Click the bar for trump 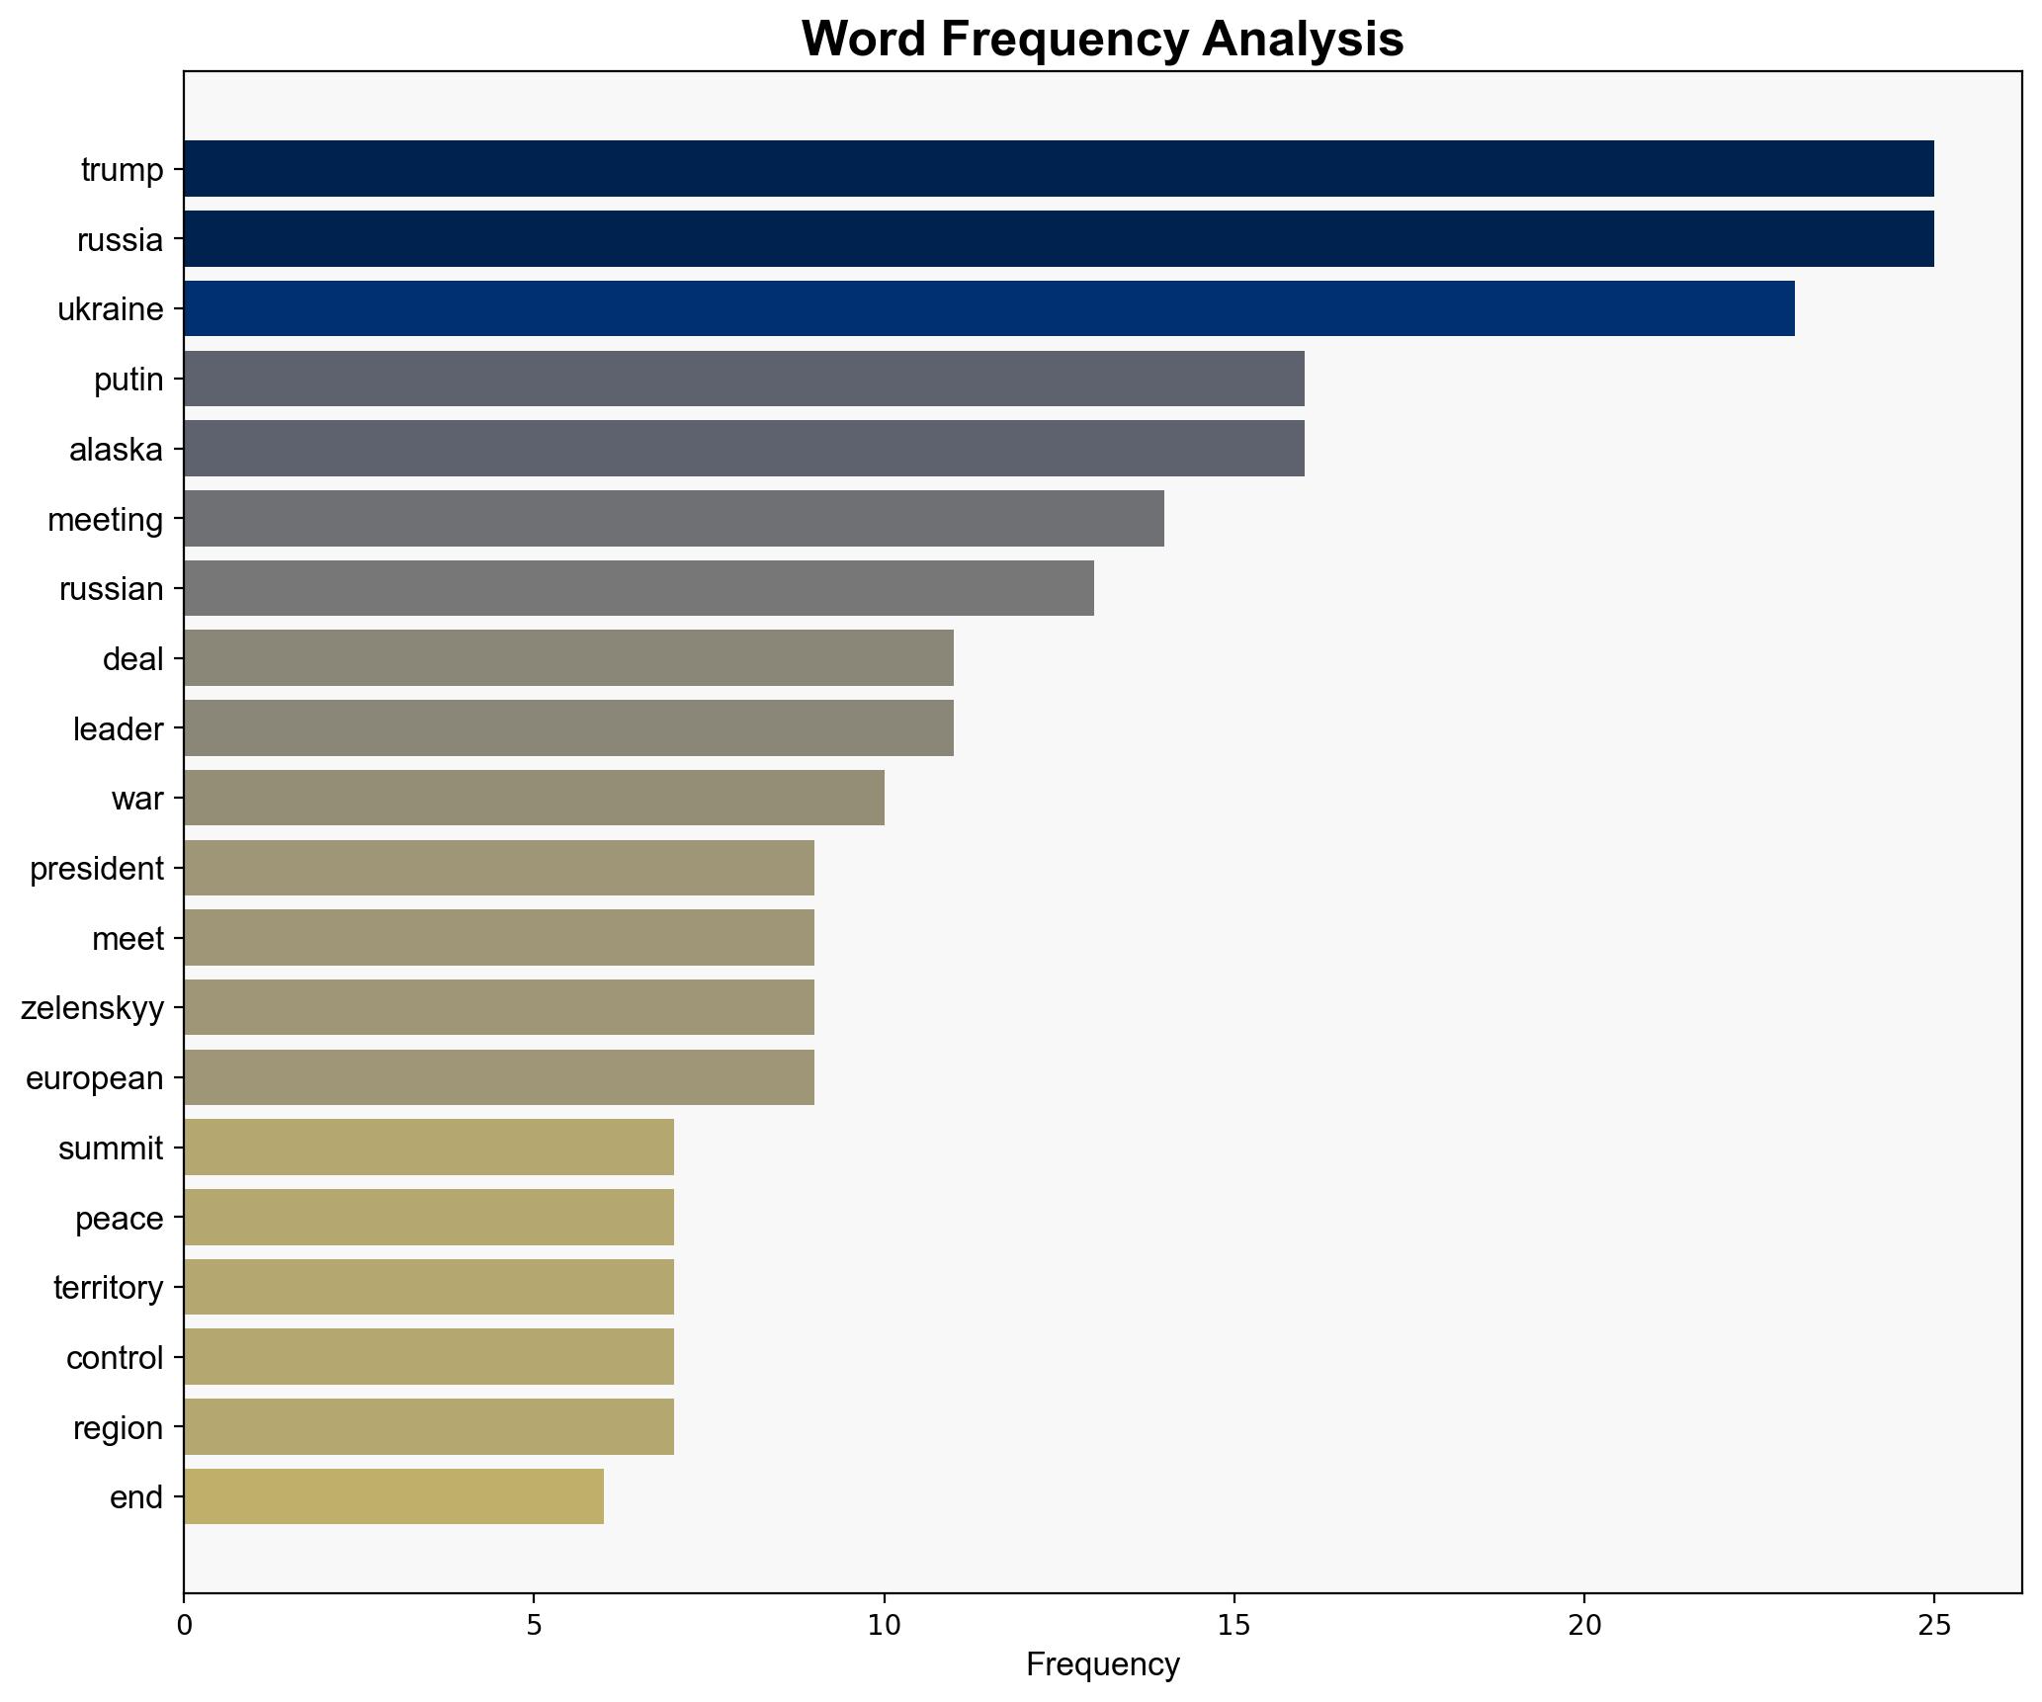pyautogui.click(x=1058, y=168)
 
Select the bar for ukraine pyautogui.click(x=988, y=308)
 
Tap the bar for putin pyautogui.click(x=743, y=379)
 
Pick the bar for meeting pyautogui.click(x=673, y=518)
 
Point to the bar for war pyautogui.click(x=534, y=798)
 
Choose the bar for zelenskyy pyautogui.click(x=498, y=1007)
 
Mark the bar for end pyautogui.click(x=393, y=1496)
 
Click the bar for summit pyautogui.click(x=428, y=1147)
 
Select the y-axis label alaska pyautogui.click(x=116, y=450)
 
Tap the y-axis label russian pyautogui.click(x=111, y=589)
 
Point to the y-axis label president pyautogui.click(x=96, y=869)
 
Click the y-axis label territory pyautogui.click(x=108, y=1288)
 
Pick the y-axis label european pyautogui.click(x=94, y=1077)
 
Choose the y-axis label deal pyautogui.click(x=132, y=658)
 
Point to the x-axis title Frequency pyautogui.click(x=1102, y=1664)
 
